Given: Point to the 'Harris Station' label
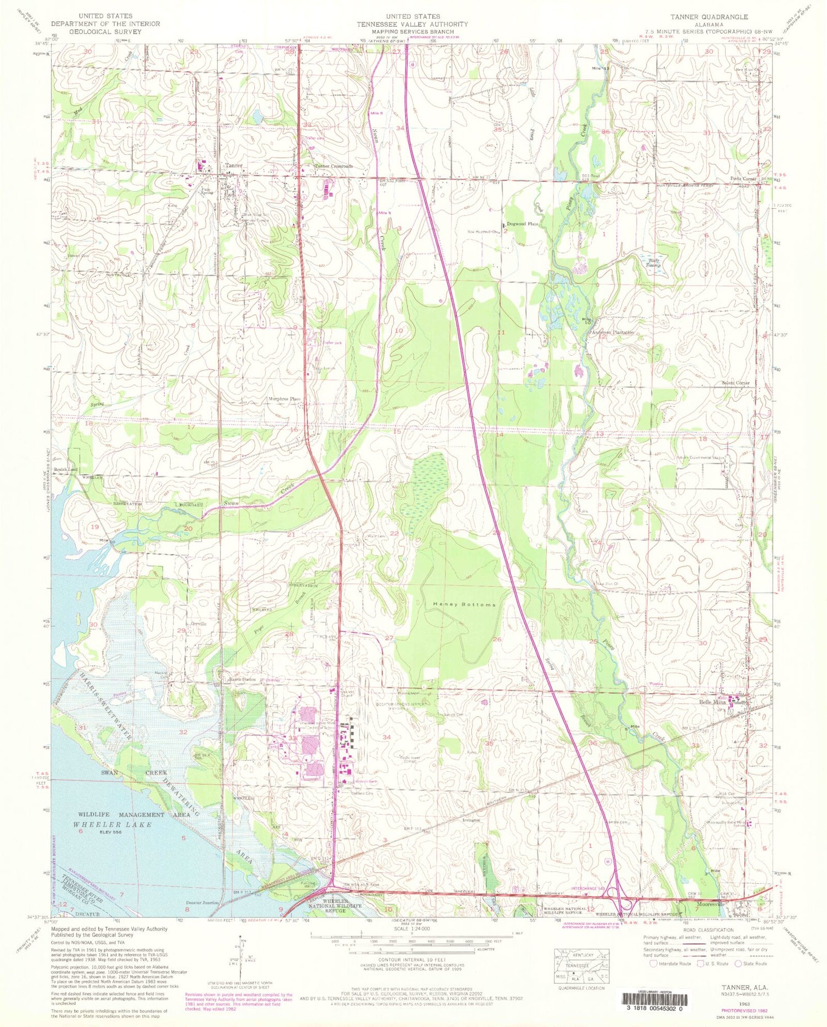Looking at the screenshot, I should pos(242,679).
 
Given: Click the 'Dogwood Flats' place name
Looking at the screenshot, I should pos(522,224).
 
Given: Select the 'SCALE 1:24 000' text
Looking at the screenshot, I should pos(412,928).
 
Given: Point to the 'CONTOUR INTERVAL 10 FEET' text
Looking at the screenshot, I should pos(412,960).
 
